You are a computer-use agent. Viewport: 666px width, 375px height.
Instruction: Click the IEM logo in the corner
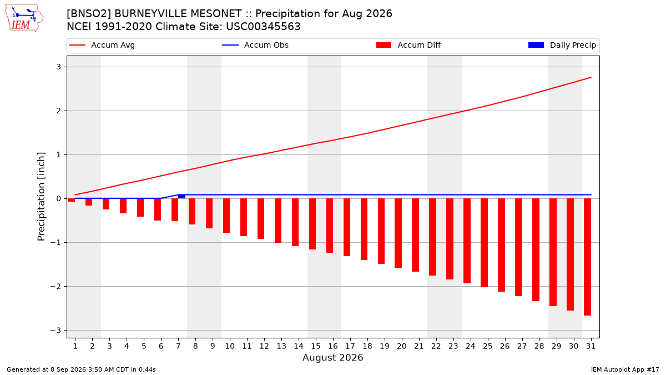pos(24,18)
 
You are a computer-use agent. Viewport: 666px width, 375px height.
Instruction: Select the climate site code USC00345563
pos(263,27)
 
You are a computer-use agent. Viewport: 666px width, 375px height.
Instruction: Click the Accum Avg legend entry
pos(102,45)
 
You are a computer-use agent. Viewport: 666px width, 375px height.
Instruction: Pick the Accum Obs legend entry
pos(255,45)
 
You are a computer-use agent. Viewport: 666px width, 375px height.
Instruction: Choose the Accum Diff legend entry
pos(408,45)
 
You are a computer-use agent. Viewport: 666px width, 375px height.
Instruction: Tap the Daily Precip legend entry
pos(562,45)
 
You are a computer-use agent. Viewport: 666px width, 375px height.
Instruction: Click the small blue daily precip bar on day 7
pos(181,197)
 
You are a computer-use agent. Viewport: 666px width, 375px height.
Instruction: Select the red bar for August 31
pos(587,257)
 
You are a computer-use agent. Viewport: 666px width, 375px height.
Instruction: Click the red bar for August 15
pos(312,224)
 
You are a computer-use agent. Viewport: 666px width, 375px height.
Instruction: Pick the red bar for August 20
pos(398,233)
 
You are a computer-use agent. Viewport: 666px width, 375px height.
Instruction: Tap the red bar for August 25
pos(484,243)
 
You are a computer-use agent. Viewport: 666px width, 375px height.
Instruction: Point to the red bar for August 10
pos(226,216)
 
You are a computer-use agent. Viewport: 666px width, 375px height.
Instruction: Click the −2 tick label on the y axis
pos(56,286)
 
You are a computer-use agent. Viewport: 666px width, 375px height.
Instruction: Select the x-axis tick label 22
pos(436,346)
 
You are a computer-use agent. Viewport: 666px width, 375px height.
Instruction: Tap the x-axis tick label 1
pos(75,346)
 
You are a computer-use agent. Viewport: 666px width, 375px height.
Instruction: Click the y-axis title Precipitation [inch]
pos(41,197)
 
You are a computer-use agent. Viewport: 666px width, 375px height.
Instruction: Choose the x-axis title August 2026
pos(332,357)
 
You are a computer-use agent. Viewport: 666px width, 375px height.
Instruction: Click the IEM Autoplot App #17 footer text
pos(625,369)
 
